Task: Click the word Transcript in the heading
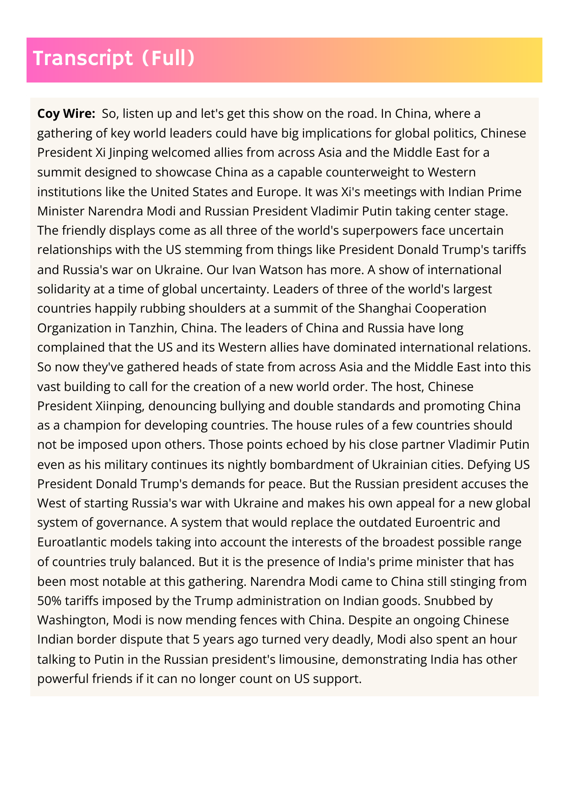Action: tap(83, 59)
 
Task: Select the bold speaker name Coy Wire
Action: tap(66, 113)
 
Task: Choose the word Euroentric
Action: tap(444, 523)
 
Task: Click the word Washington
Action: tap(71, 620)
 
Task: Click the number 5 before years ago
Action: tap(197, 639)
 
